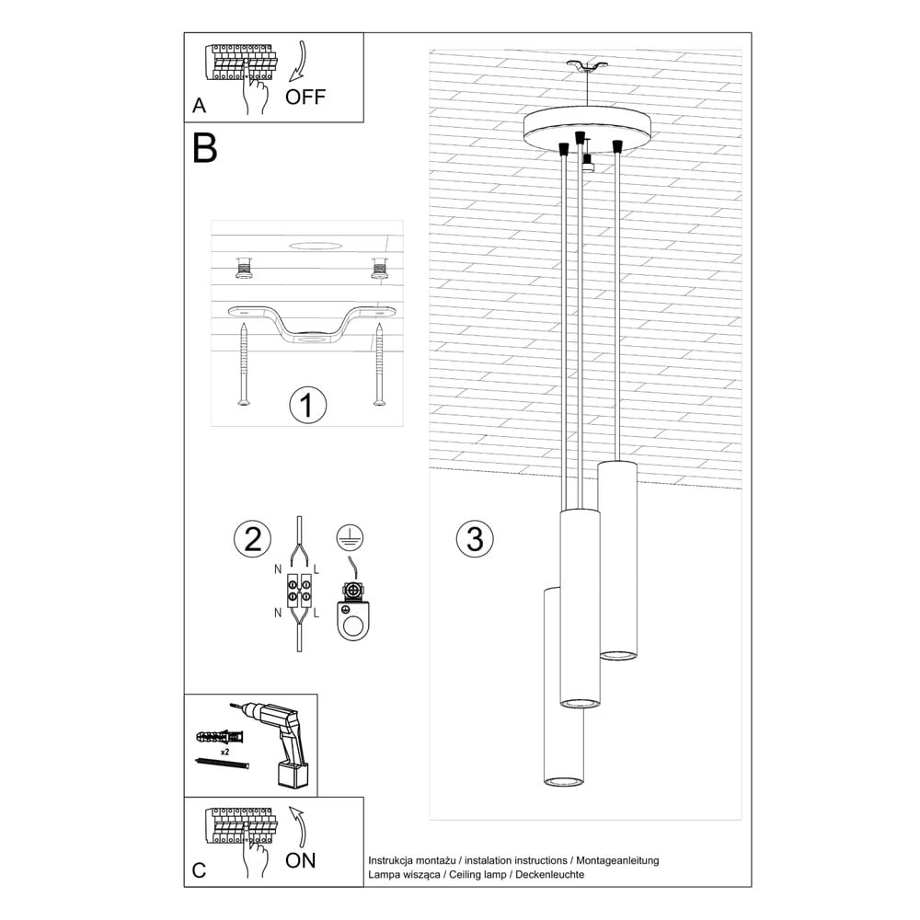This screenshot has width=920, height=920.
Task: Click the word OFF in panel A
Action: [305, 97]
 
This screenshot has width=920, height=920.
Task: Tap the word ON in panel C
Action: [301, 860]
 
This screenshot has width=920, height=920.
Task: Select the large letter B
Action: [205, 148]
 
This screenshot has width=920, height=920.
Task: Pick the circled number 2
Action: [252, 538]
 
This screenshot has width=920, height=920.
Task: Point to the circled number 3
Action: [475, 538]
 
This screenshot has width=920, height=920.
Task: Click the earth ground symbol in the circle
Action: [350, 538]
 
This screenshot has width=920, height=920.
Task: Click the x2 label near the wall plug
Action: [224, 752]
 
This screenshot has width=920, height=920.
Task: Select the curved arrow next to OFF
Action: [300, 61]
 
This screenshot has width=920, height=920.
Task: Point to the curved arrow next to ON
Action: [300, 826]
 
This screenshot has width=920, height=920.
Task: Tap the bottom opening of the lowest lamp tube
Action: [563, 780]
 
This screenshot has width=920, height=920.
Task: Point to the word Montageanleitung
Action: [617, 861]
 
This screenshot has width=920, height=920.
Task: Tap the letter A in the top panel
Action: [199, 106]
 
